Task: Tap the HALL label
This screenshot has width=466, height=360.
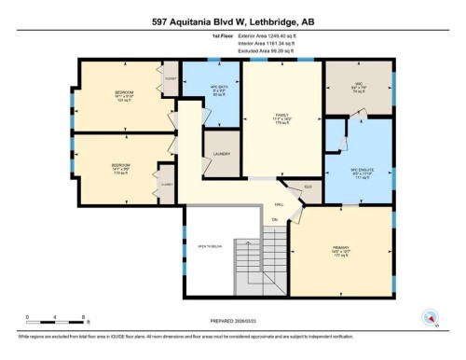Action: click(x=279, y=204)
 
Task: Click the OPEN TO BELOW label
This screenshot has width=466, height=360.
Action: click(x=208, y=246)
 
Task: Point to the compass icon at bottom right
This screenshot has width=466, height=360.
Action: click(x=431, y=315)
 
